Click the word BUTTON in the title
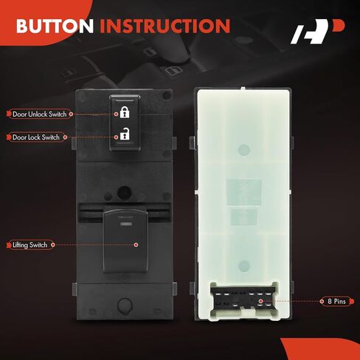point(55,26)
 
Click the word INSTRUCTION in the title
point(165,26)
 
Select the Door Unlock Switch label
point(40,114)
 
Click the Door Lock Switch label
point(36,137)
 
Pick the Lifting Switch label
point(30,245)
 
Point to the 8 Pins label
point(337,301)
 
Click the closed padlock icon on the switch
point(125,112)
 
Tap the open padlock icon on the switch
point(125,134)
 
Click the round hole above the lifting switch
point(124,193)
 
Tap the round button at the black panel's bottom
point(125,305)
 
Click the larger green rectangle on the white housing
point(244,192)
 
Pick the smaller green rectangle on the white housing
point(244,218)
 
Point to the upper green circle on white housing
point(244,150)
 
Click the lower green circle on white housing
point(244,266)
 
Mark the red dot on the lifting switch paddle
point(136,245)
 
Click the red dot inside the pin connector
point(260,301)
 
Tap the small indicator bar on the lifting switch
point(125,224)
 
